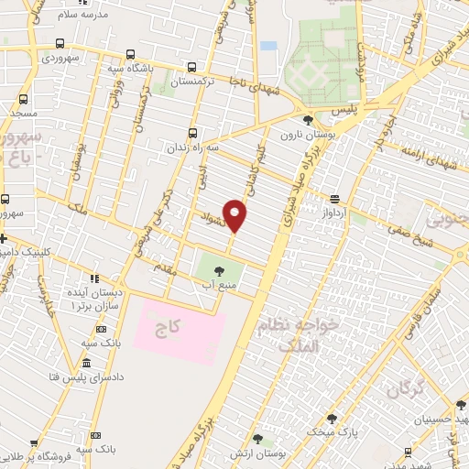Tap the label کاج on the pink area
click(179, 324)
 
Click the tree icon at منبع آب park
click(221, 269)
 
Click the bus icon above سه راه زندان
click(191, 133)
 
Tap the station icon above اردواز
click(335, 198)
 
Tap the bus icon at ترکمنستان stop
click(191, 67)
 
